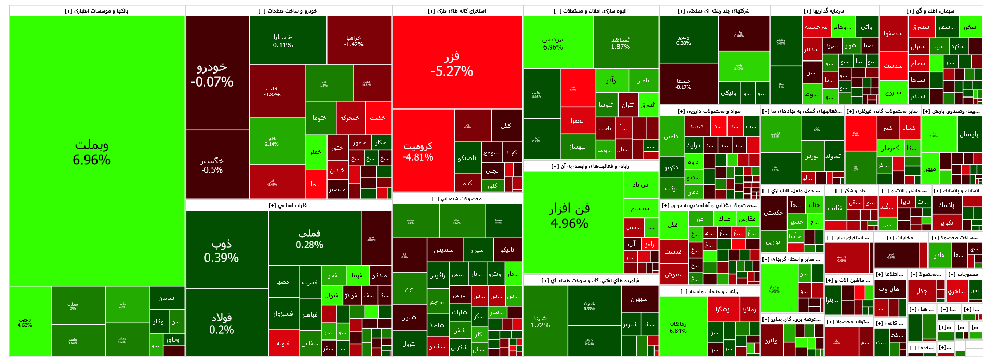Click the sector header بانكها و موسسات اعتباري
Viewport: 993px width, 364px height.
pos(97,11)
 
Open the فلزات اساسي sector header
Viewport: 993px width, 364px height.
pos(288,205)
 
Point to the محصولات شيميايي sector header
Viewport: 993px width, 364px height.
pos(457,199)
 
